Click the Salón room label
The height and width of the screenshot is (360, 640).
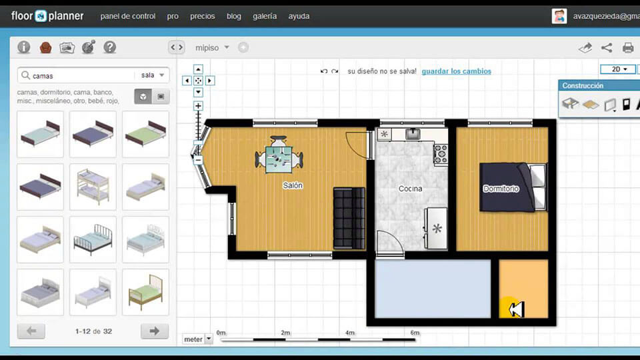click(x=293, y=186)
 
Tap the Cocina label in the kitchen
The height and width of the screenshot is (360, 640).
click(x=411, y=189)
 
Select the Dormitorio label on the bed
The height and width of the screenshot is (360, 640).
click(x=501, y=189)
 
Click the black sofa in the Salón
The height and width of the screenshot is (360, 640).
click(x=349, y=219)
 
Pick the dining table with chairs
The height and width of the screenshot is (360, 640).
click(x=279, y=158)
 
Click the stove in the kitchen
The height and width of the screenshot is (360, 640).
click(x=441, y=155)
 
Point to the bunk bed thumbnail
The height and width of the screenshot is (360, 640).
click(x=93, y=186)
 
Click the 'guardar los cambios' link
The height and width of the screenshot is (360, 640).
click(x=456, y=71)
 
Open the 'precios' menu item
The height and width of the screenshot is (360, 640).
click(x=202, y=16)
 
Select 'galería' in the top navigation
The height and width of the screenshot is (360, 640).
click(x=265, y=16)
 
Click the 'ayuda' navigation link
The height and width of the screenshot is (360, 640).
click(x=299, y=16)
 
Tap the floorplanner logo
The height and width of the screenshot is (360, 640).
click(x=47, y=15)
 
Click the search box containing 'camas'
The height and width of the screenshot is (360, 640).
click(x=80, y=75)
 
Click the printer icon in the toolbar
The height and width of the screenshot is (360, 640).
click(x=628, y=47)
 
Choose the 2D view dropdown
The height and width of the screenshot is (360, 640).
click(x=617, y=69)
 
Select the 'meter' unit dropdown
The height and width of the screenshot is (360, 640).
click(x=198, y=339)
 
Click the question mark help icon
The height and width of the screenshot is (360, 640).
click(x=110, y=47)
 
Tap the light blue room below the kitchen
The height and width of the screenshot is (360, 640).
click(x=433, y=289)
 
